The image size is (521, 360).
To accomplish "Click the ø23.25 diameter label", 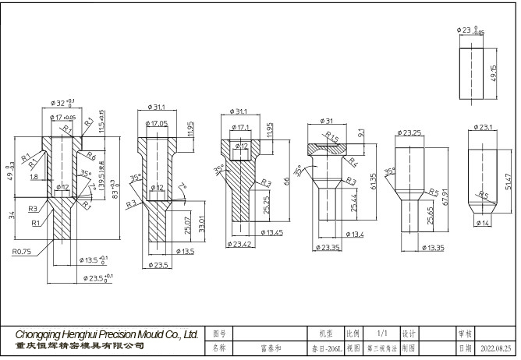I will (411, 133).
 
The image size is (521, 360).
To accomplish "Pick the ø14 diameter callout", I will (483, 224).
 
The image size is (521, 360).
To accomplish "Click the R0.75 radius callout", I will (22, 252).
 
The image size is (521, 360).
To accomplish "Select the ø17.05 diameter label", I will (158, 124).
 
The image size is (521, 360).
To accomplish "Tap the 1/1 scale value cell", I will (381, 332).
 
